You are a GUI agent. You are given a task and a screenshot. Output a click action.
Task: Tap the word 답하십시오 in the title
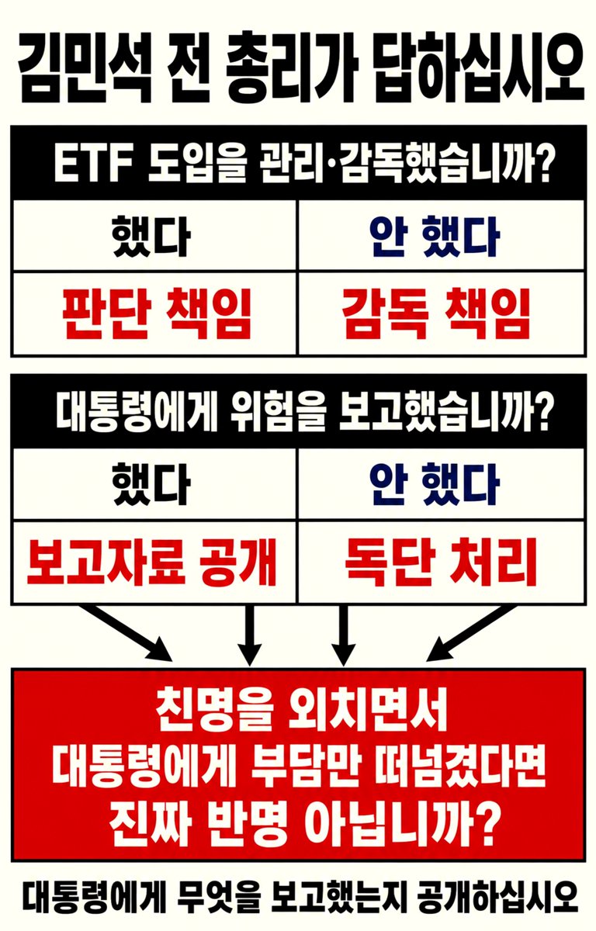480,67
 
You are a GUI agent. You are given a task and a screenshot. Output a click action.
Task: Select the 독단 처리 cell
441,562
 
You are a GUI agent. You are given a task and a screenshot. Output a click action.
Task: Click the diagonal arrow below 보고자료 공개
125,632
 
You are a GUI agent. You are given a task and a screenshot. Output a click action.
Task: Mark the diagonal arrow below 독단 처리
472,632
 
